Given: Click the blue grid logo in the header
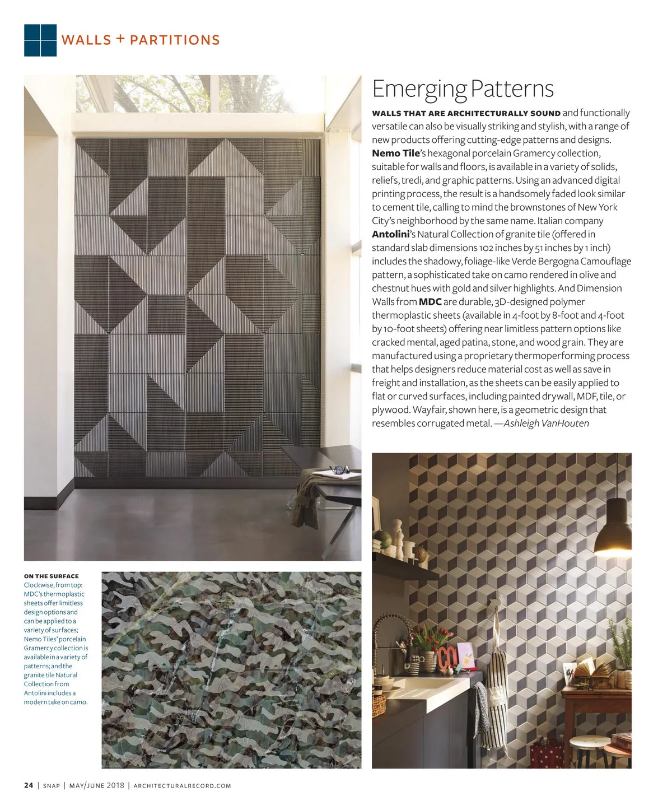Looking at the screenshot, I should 40,40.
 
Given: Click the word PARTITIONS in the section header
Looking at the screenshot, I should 175,40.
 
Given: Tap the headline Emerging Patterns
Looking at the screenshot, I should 463,89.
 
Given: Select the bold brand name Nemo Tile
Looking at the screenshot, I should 395,153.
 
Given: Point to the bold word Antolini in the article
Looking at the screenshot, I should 391,234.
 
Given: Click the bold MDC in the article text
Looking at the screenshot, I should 430,302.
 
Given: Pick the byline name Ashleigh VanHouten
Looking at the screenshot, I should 546,423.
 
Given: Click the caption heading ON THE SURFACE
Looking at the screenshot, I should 52,576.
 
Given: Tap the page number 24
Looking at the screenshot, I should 29,785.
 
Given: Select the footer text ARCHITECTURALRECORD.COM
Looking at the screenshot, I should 183,786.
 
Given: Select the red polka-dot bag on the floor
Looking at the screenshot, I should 546,753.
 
